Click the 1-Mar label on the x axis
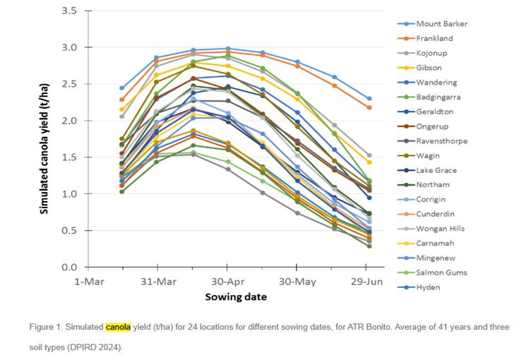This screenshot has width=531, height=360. tap(89, 280)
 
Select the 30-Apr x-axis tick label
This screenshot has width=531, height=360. tap(227, 280)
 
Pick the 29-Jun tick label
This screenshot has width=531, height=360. tap(366, 280)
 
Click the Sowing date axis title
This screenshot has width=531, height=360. tap(226, 297)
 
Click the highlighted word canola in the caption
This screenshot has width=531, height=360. tap(119, 327)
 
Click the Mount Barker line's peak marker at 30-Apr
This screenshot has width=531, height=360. tap(227, 49)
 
